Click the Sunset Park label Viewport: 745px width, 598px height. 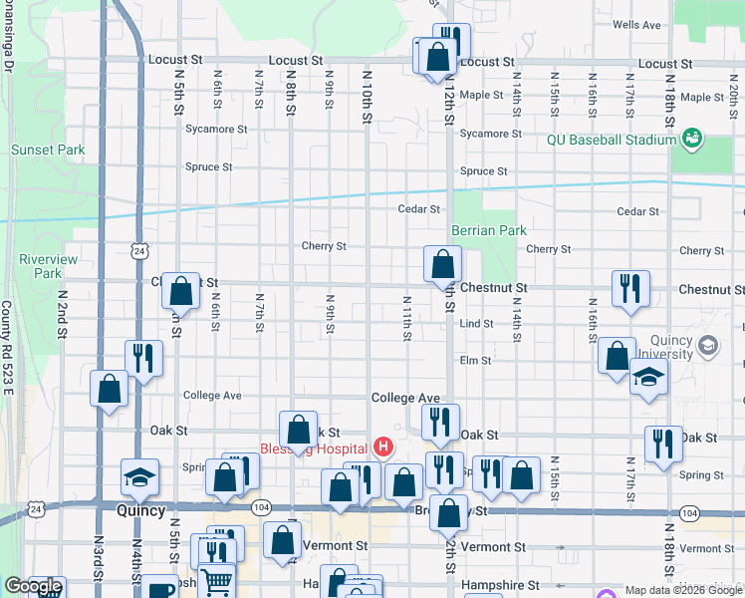point(47,149)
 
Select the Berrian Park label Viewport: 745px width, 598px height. point(488,230)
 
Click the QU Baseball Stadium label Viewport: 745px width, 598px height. point(612,140)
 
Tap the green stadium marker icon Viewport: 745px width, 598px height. point(693,138)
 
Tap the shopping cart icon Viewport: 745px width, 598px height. point(217,581)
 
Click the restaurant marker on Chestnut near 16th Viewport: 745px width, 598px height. point(629,289)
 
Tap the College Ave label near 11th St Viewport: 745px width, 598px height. point(405,398)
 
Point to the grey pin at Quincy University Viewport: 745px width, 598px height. point(708,346)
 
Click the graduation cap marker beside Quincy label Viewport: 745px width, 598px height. point(139,478)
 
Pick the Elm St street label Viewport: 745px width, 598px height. point(476,360)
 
